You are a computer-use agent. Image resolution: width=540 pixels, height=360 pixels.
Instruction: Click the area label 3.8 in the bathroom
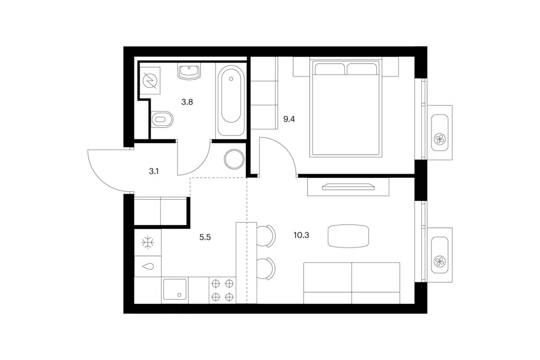tap(187, 102)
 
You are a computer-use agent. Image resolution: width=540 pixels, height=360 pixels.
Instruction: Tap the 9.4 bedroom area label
tap(289, 119)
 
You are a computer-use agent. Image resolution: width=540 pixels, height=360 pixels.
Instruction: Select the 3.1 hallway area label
tap(154, 171)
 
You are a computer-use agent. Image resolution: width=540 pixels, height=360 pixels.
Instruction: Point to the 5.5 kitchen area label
tap(205, 237)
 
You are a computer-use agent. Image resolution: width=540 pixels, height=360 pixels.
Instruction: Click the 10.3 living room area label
tap(301, 235)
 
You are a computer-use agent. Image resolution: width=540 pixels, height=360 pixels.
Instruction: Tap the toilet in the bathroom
tap(162, 119)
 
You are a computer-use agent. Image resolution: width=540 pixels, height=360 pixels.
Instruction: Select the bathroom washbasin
tap(189, 71)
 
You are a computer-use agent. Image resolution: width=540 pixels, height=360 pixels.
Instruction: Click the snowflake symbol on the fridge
tap(148, 242)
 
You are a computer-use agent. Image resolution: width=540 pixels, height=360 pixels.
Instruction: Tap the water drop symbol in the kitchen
tap(148, 266)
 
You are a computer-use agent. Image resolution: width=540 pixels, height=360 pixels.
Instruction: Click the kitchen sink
tap(174, 290)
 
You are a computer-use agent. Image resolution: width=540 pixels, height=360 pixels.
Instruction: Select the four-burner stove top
tap(222, 290)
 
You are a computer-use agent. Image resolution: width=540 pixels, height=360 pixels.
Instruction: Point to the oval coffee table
tap(348, 236)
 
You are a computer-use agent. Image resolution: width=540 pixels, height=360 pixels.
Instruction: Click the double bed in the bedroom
tap(346, 108)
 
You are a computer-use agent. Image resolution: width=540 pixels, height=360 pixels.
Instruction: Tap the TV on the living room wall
tap(348, 187)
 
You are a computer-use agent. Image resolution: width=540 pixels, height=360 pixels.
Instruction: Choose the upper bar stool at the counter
tap(266, 236)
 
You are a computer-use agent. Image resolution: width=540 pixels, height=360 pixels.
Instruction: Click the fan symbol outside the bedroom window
tap(440, 139)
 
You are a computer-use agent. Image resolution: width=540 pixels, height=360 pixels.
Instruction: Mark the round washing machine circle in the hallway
tap(234, 159)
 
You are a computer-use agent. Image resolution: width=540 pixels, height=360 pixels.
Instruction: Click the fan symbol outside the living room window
tap(440, 262)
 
